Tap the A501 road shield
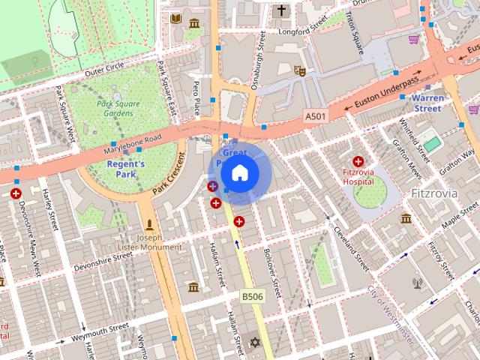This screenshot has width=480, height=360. tap(316, 117)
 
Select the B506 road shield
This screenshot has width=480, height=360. tap(252, 297)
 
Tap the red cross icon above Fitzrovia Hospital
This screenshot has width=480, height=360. tap(358, 161)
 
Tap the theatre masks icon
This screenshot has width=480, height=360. tap(300, 70)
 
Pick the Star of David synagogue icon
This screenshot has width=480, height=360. tap(254, 343)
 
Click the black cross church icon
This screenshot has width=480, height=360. tap(282, 10)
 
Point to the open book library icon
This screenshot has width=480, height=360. tap(175, 18)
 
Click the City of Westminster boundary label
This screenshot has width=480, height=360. tap(389, 315)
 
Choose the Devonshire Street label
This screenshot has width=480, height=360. tap(103, 261)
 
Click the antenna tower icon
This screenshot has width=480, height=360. tap(417, 283)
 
